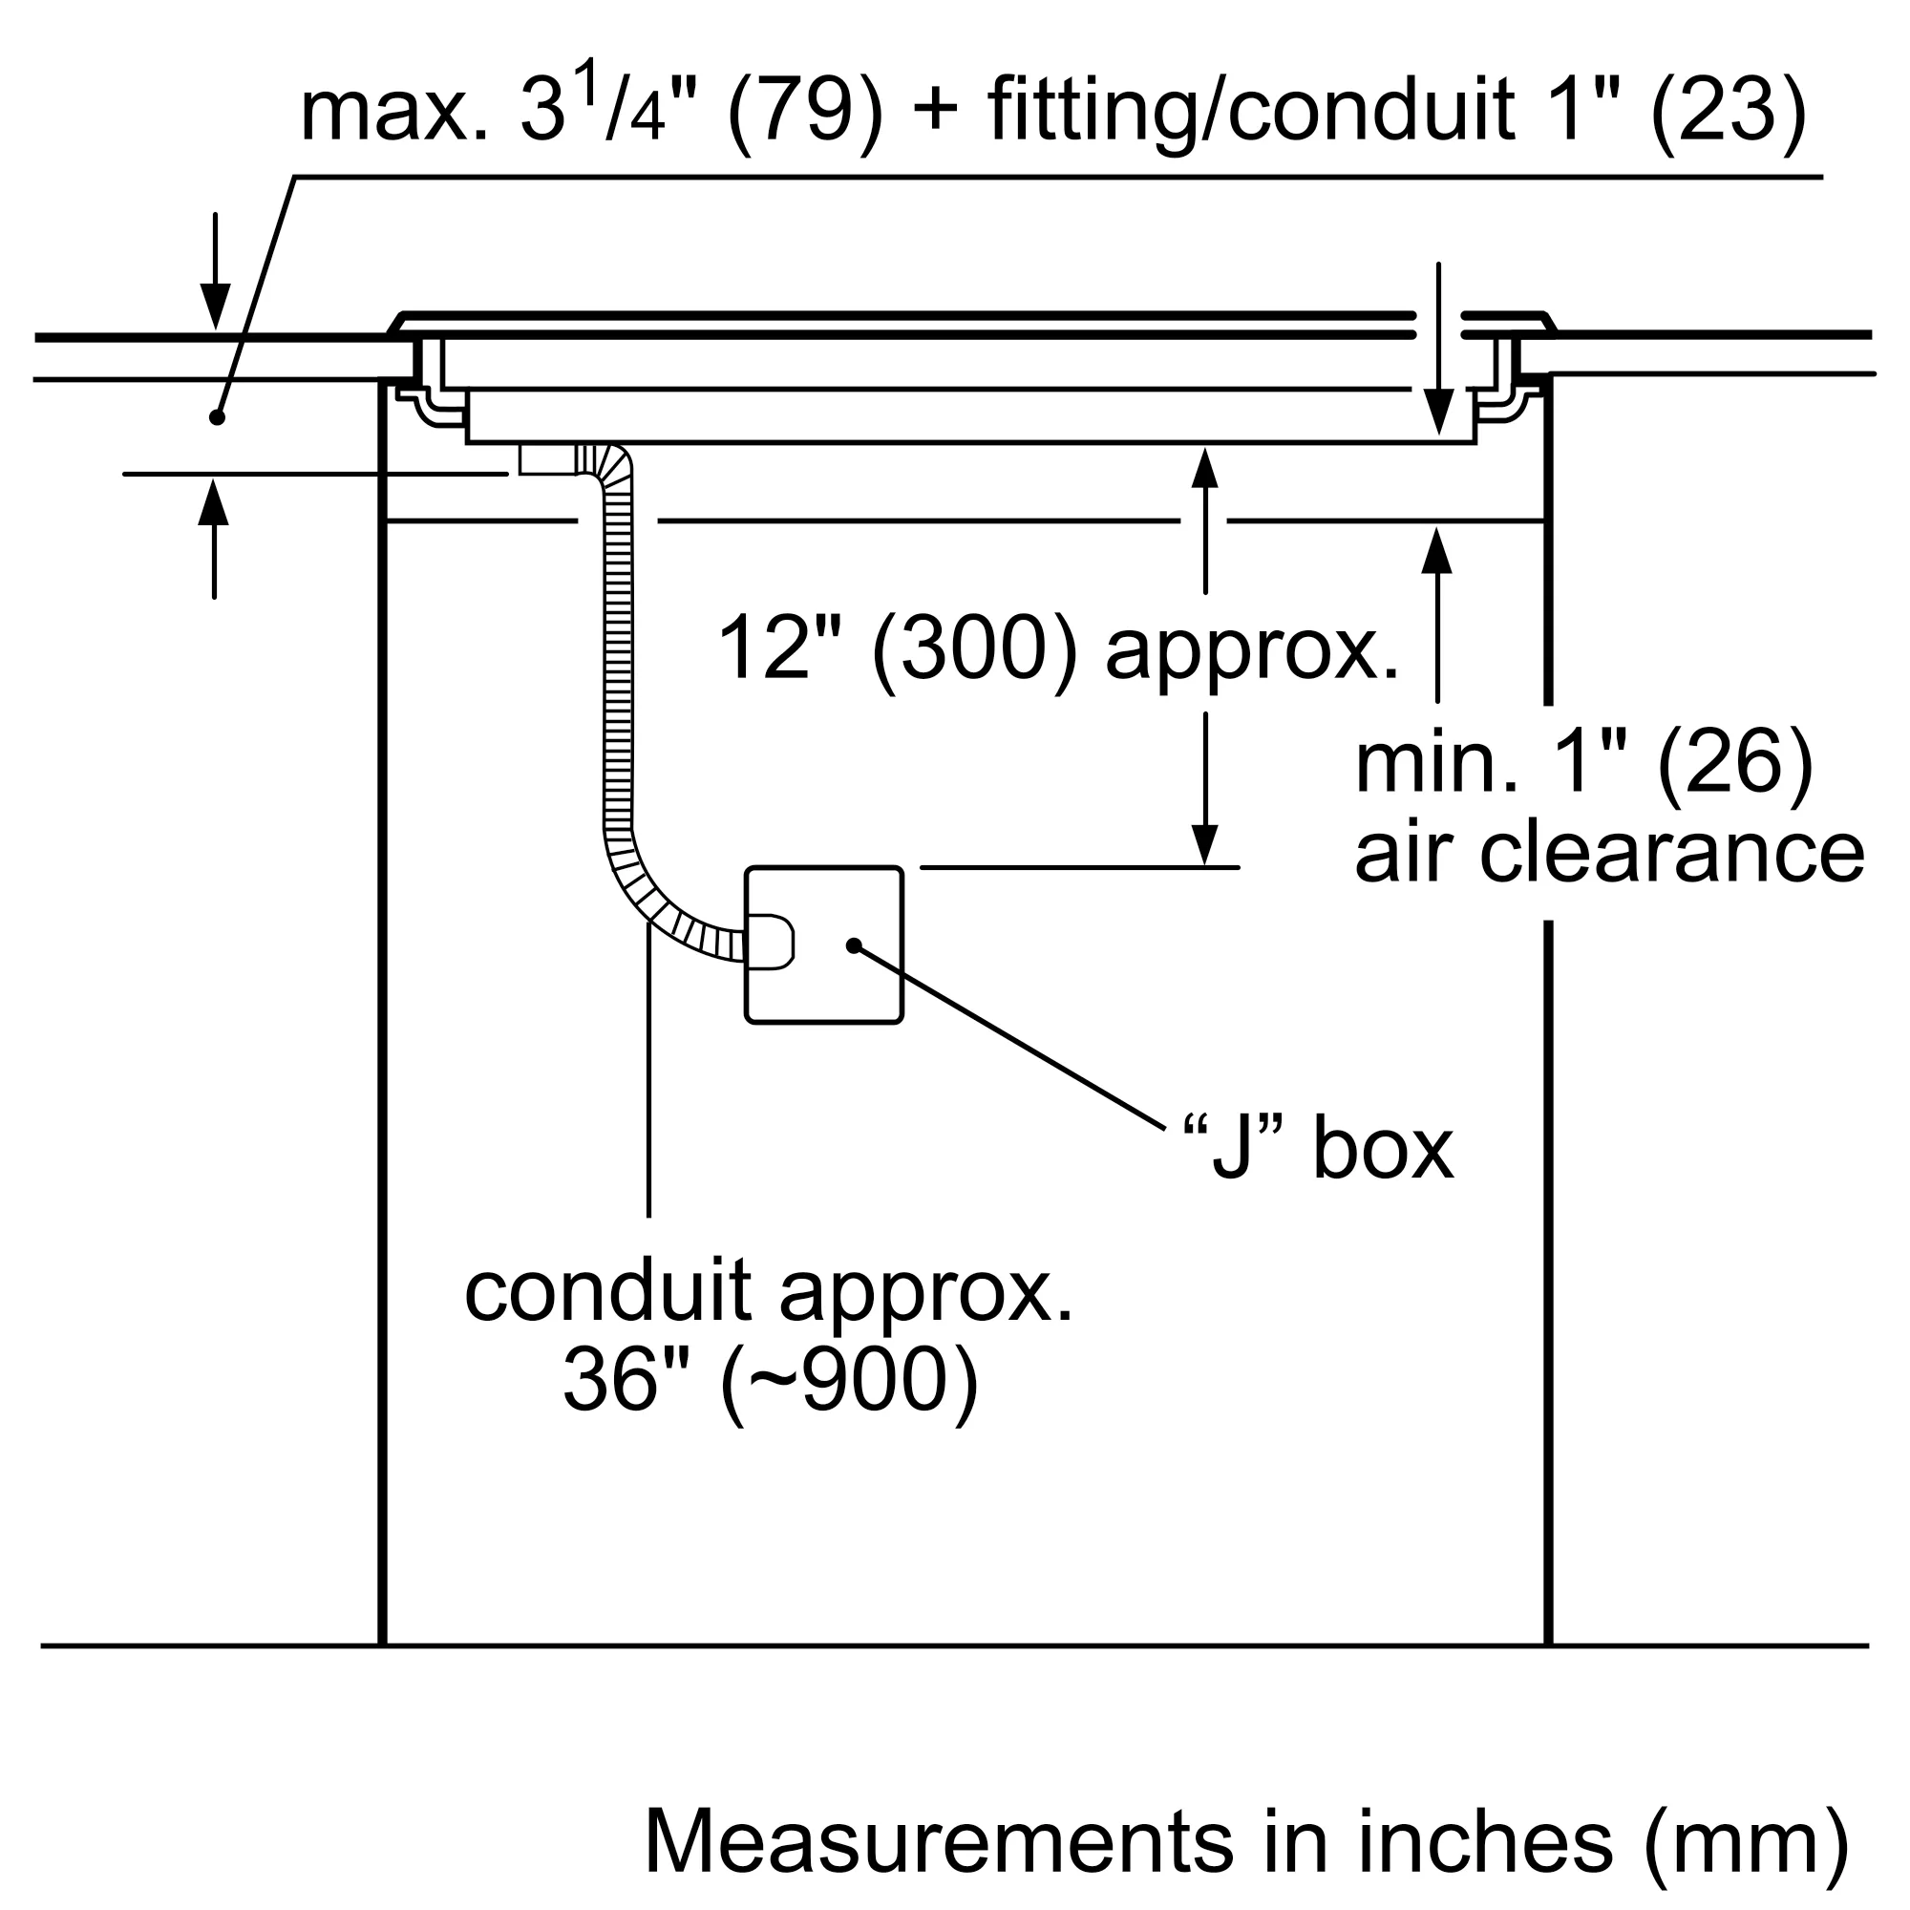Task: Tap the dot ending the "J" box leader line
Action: click(x=853, y=946)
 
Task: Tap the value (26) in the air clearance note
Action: click(x=1735, y=761)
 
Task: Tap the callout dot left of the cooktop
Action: click(x=218, y=417)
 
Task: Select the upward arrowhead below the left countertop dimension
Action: click(x=214, y=502)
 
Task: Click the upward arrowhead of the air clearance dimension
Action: click(x=1436, y=552)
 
